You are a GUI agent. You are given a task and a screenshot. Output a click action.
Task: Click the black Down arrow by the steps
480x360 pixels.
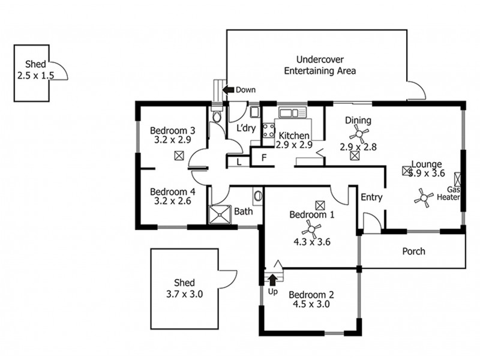tap(228, 90)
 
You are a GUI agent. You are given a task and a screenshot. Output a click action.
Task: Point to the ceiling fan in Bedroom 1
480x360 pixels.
tap(311, 229)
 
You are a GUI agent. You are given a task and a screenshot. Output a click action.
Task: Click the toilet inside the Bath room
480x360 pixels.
tap(257, 196)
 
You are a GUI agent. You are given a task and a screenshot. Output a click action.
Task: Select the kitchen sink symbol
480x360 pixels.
tap(288, 112)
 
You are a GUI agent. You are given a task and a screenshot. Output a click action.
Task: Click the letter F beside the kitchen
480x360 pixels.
tap(262, 158)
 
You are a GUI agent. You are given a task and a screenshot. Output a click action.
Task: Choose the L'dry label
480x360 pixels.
tap(246, 128)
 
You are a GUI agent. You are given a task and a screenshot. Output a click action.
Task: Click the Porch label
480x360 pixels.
tap(413, 251)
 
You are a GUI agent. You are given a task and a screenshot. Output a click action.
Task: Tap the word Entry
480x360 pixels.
tap(371, 197)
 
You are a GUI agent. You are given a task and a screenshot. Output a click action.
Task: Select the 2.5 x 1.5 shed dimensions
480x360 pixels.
tap(35, 76)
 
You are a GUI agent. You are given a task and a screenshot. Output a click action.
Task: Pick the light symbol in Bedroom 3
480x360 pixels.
tap(178, 156)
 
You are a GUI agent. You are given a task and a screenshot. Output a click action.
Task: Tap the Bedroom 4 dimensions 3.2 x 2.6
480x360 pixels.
tap(173, 202)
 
